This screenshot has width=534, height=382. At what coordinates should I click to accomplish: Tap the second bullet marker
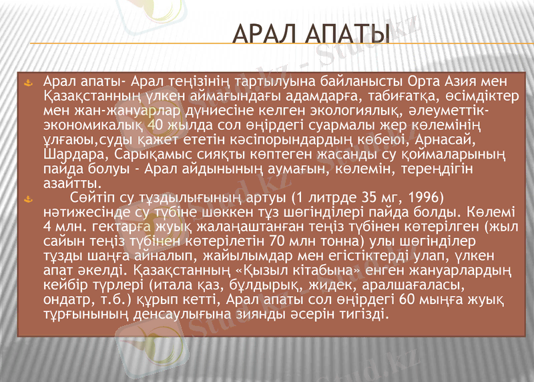(x=28, y=198)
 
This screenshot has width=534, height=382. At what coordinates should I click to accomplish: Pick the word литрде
(x=331, y=198)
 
